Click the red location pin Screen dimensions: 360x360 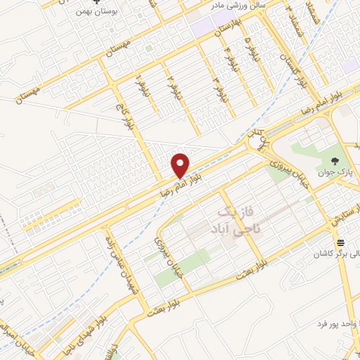coord(181,165)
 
